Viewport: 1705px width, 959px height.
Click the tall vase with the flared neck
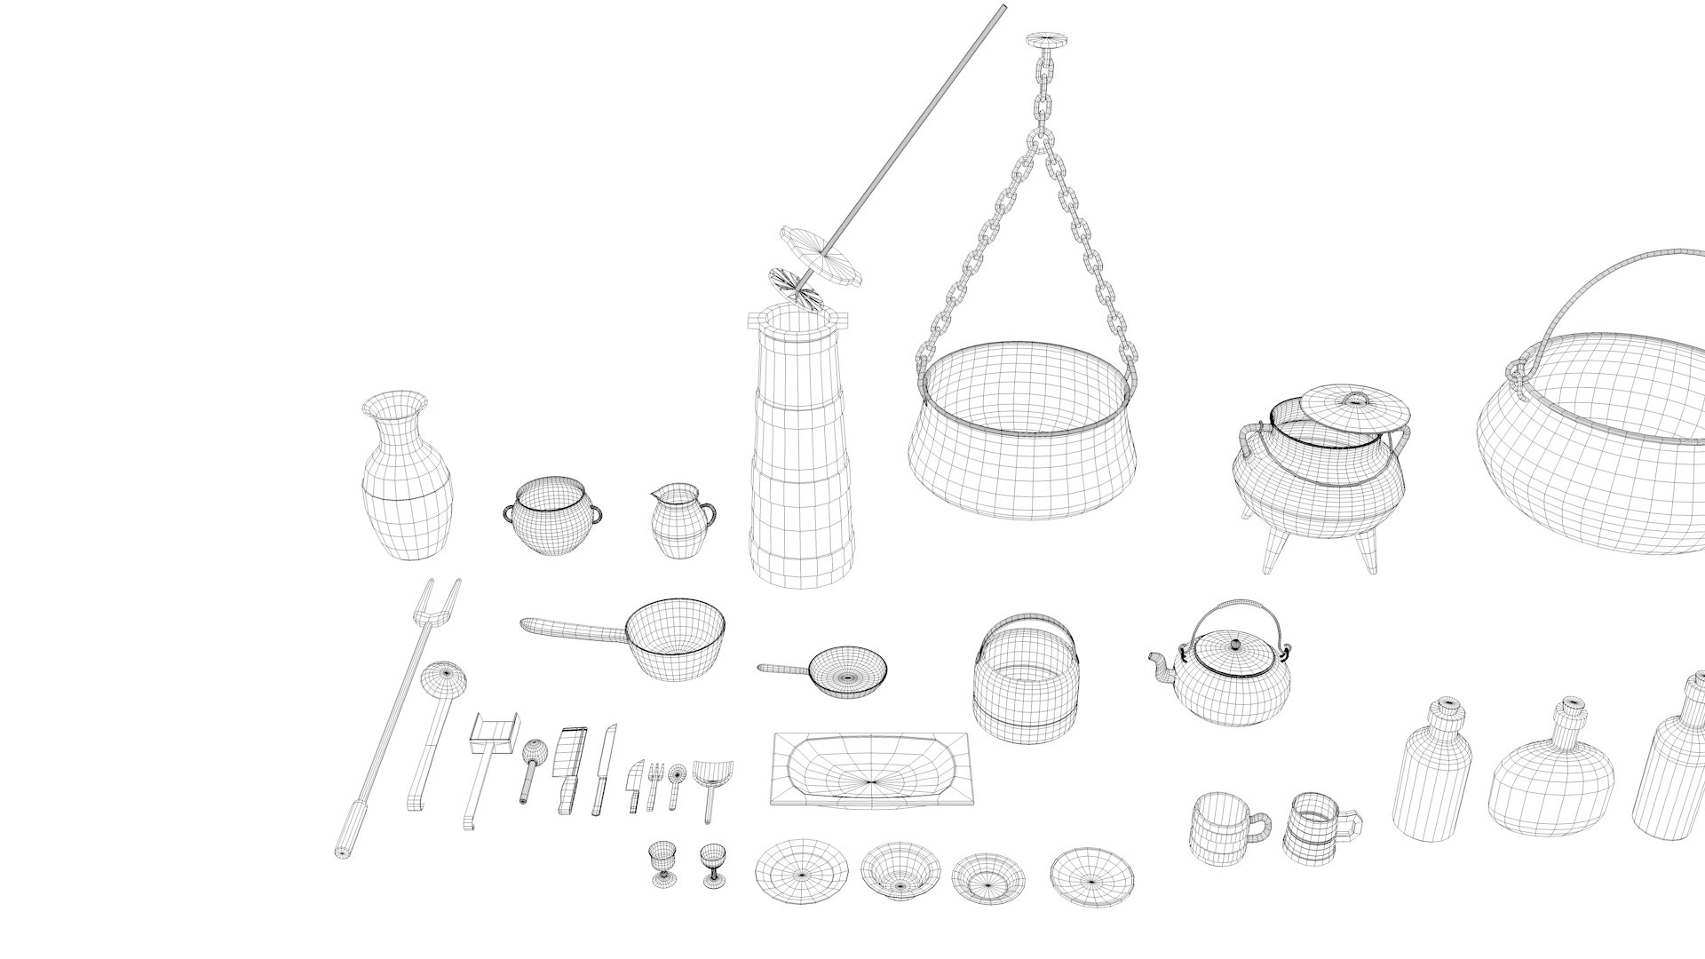[x=408, y=484]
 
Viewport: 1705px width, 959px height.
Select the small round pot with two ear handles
[x=551, y=518]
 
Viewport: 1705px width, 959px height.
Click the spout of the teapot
[x=1159, y=663]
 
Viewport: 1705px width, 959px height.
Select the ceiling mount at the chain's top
[x=1047, y=40]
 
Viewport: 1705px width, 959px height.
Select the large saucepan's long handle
[x=573, y=630]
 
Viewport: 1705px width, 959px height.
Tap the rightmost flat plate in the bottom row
[x=1092, y=876]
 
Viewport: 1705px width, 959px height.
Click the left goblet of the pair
[x=662, y=862]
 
